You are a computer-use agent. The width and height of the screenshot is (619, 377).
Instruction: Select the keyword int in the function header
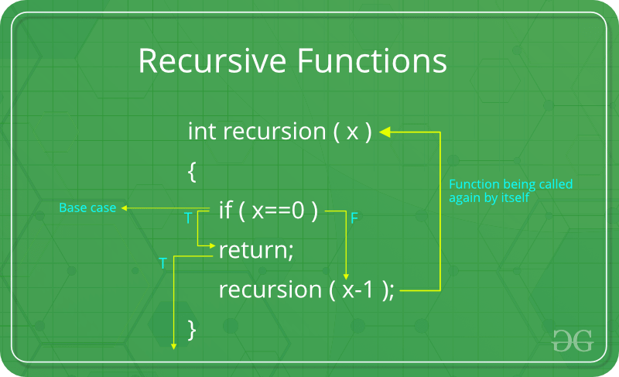[x=202, y=131]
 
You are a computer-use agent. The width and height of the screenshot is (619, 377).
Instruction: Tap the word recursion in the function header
[x=273, y=132]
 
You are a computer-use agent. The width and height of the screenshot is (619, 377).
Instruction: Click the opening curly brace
[x=192, y=172]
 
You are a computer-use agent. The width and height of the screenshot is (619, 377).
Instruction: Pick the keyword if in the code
[x=226, y=211]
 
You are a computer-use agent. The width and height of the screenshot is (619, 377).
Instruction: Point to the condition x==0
[x=282, y=211]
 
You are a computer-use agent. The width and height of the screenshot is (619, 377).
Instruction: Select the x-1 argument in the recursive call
[x=359, y=290]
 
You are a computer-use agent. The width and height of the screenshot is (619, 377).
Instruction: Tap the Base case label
[x=87, y=207]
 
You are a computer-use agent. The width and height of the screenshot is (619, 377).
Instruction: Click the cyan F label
[x=354, y=219]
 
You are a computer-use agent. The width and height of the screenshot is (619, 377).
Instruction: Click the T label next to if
[x=188, y=219]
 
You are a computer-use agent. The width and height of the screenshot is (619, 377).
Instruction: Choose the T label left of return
[x=162, y=264]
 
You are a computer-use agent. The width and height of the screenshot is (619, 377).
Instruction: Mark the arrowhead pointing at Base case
[x=125, y=207]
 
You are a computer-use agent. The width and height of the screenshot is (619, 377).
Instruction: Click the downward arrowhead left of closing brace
[x=174, y=346]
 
